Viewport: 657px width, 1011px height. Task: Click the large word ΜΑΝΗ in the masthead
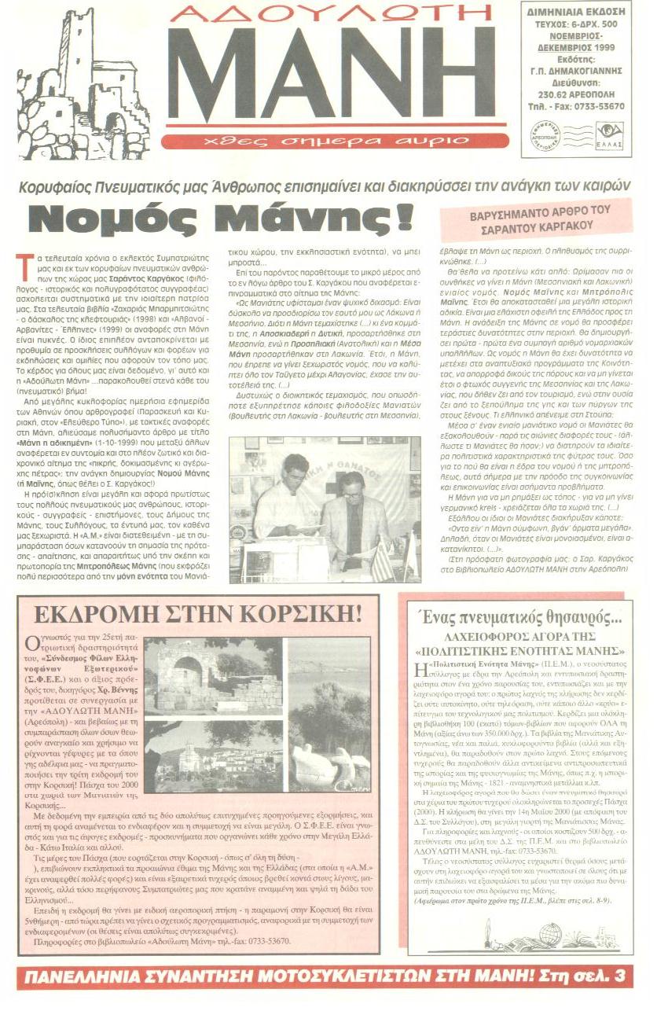[x=330, y=79]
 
